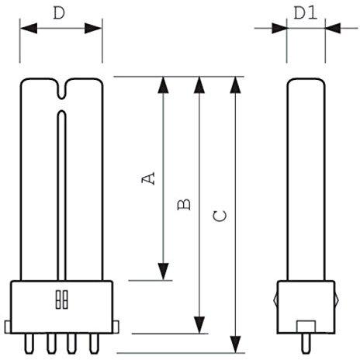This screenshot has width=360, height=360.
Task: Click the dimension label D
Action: pyautogui.click(x=59, y=13)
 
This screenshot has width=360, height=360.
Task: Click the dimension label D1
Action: pyautogui.click(x=305, y=13)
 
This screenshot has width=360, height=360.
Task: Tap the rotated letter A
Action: pyautogui.click(x=148, y=178)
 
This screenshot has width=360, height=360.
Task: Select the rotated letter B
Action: pyautogui.click(x=184, y=204)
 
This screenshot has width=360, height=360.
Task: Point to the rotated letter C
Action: pyautogui.click(x=220, y=216)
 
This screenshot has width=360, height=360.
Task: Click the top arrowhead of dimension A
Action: pyautogui.click(x=163, y=85)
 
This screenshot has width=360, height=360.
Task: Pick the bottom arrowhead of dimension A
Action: pyautogui.click(x=163, y=272)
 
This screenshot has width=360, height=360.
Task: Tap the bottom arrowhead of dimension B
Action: pyautogui.click(x=199, y=325)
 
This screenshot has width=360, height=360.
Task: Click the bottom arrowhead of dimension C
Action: pyautogui.click(x=235, y=344)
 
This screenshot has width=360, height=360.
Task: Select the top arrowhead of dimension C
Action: pyautogui.click(x=235, y=85)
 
